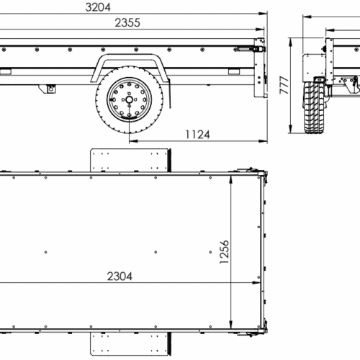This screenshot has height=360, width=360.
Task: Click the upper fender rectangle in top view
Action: (x=130, y=159)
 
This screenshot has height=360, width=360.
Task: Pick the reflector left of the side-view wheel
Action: (x=6, y=71)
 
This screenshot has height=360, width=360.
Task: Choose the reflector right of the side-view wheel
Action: (x=233, y=72)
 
